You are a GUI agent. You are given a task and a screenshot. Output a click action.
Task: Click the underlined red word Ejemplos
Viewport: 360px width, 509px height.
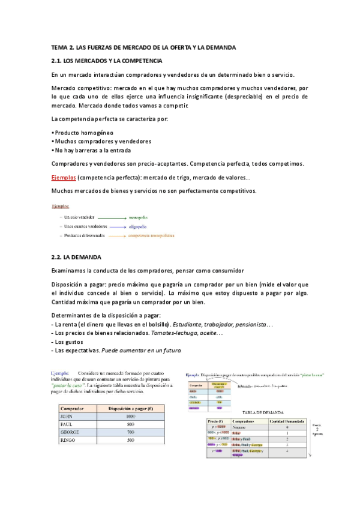[x=64, y=178]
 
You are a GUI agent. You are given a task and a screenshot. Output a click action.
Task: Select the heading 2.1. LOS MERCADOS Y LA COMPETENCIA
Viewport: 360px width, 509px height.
[x=107, y=61]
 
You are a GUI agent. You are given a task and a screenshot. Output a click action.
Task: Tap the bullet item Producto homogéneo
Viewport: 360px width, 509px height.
[x=83, y=132]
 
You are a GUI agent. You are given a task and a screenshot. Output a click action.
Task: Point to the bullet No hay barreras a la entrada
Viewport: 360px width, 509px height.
[x=92, y=150]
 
